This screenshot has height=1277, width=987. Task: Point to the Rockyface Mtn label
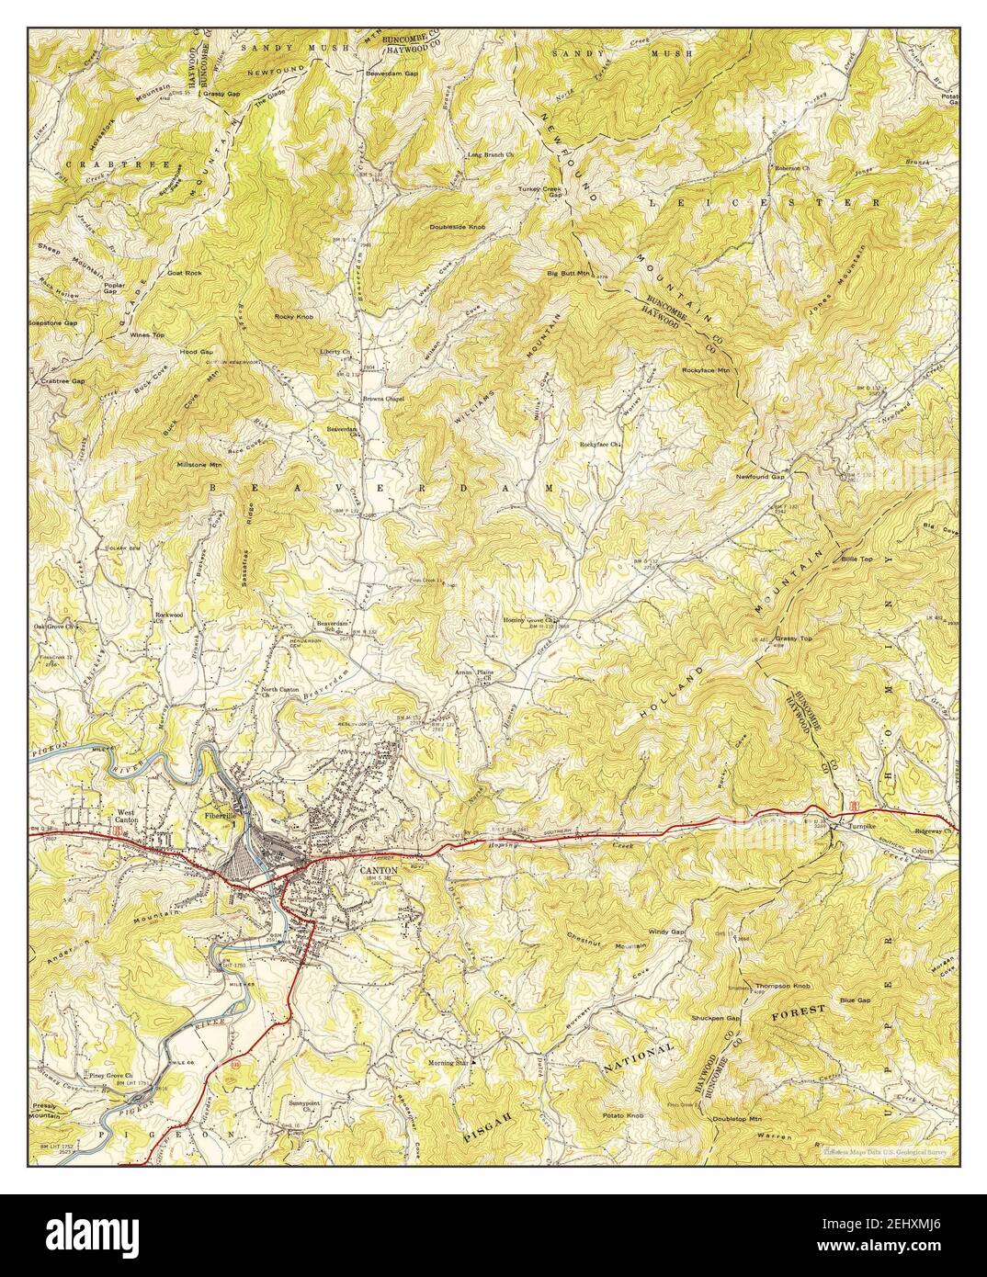coord(705,369)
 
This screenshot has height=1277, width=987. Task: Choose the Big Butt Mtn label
coord(567,273)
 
